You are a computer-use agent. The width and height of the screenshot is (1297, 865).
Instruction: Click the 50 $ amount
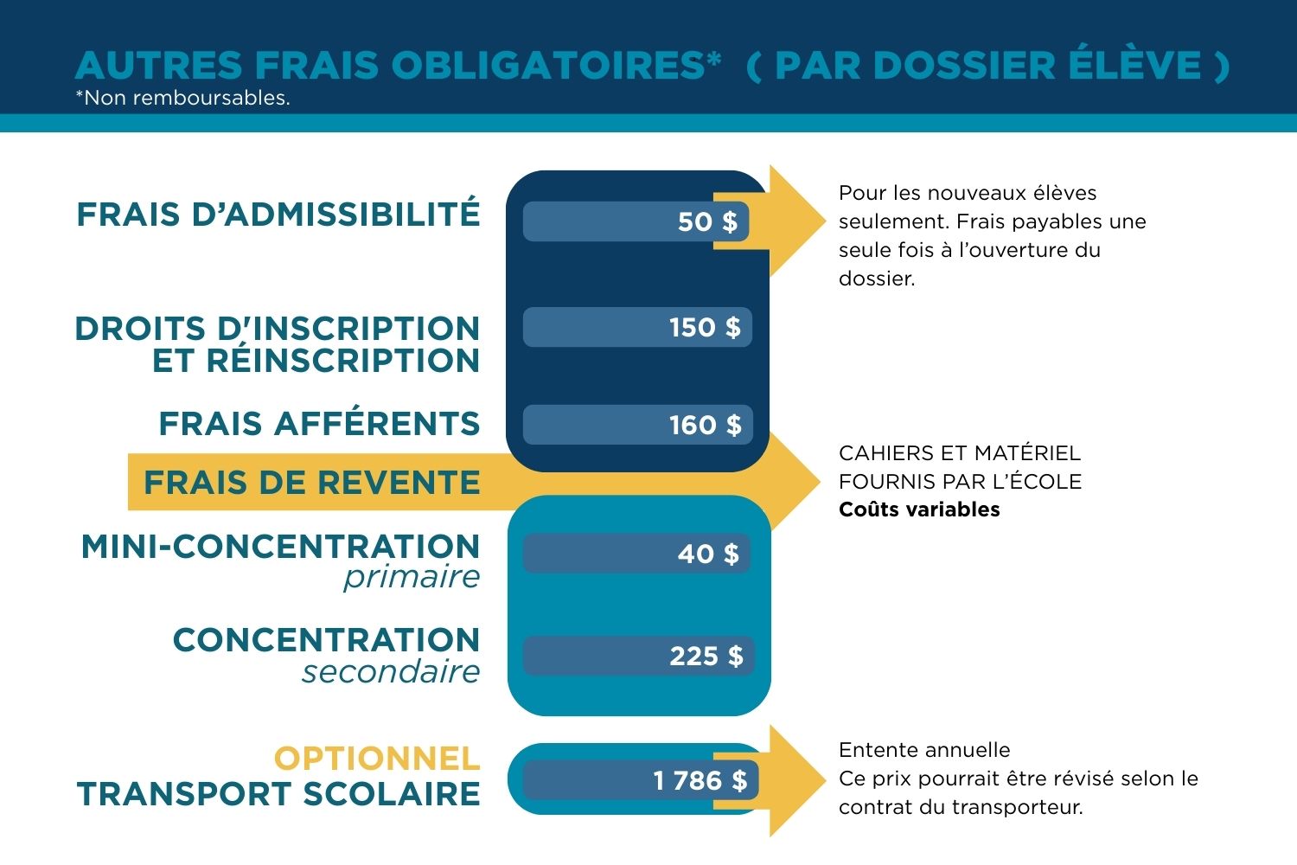(707, 221)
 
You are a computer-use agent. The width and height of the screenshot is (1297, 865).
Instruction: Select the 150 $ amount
(705, 327)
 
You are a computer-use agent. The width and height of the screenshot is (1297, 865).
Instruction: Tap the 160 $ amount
(705, 425)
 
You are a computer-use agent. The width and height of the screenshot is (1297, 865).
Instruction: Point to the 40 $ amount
(708, 554)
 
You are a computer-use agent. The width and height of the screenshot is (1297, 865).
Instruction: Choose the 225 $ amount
(706, 656)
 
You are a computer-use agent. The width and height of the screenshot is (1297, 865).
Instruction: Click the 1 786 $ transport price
(700, 780)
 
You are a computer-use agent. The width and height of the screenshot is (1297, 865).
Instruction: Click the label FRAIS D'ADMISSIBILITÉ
(278, 215)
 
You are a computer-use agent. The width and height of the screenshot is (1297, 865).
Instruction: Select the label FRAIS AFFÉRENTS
(319, 424)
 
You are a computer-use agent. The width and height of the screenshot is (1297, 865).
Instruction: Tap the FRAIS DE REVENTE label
(311, 482)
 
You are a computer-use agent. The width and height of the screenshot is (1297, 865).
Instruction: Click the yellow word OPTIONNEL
(376, 759)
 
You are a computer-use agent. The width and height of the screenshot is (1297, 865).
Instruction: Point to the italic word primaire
(412, 577)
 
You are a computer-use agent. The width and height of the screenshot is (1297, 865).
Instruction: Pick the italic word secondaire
(391, 671)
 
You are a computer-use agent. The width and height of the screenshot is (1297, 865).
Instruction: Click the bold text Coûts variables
(919, 509)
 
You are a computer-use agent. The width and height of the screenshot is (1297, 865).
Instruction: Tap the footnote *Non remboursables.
(182, 98)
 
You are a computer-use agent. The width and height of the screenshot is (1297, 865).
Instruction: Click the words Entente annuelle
(924, 750)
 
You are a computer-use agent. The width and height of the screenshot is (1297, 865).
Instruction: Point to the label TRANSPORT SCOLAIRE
(278, 794)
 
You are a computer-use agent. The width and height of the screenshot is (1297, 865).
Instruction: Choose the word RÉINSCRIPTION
(316, 361)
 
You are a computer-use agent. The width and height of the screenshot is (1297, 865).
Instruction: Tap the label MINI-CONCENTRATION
(280, 547)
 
